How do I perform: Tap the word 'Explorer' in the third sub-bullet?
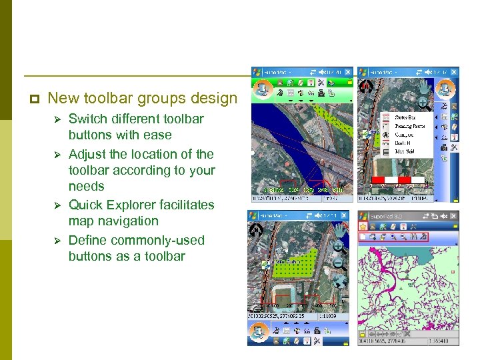coord(142,205)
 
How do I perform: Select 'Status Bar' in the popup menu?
coord(405,117)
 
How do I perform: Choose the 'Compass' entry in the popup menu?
coord(405,134)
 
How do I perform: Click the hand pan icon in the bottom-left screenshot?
coord(340,231)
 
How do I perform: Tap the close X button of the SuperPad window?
coord(453,216)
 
